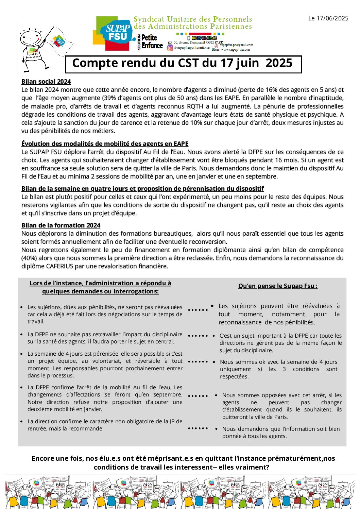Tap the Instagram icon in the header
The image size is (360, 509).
(170, 48)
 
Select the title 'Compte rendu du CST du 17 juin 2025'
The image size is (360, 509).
(183, 64)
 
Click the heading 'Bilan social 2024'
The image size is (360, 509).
(46, 82)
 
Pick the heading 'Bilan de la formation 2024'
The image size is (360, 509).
(61, 225)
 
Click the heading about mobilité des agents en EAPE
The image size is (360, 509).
(105, 144)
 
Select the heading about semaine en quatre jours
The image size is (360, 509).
(142, 189)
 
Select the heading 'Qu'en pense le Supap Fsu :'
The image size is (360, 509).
(278, 286)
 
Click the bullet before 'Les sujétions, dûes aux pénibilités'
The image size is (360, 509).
(22, 307)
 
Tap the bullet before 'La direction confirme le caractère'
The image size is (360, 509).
(22, 422)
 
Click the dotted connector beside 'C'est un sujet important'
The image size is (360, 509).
(198, 336)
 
